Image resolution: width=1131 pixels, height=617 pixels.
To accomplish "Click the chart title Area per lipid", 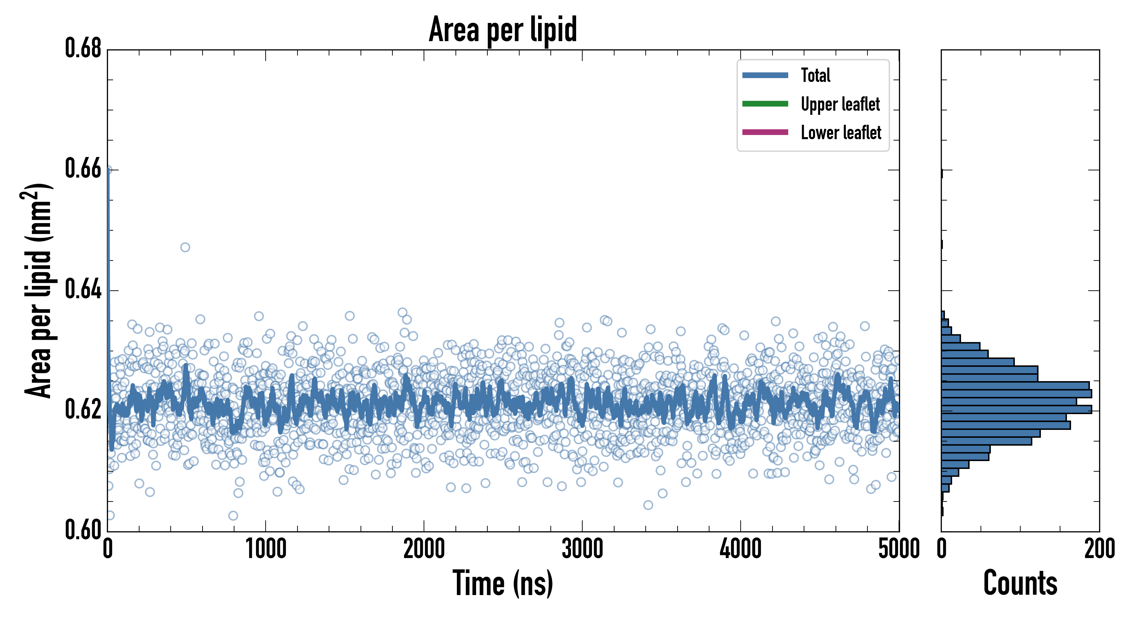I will (x=503, y=29).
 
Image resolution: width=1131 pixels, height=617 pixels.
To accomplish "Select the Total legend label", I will (x=815, y=75).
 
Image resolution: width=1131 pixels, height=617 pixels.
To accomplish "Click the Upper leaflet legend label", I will (x=840, y=104).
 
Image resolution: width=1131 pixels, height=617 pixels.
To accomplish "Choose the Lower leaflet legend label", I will (x=841, y=133).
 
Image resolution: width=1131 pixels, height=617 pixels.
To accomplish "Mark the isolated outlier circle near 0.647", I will (x=185, y=247).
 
